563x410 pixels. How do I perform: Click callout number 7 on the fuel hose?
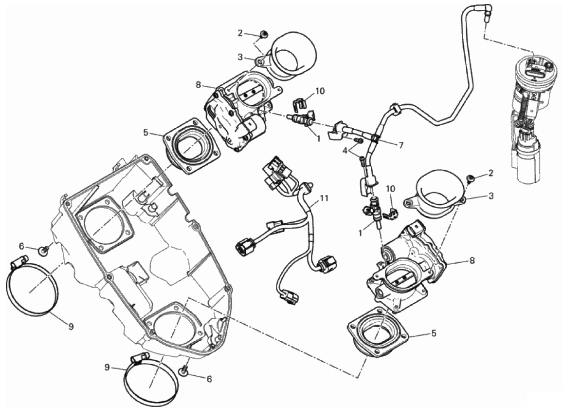coord(400,145)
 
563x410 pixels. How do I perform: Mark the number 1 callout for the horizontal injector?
coord(319,138)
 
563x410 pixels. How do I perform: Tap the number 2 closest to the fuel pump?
coord(491,173)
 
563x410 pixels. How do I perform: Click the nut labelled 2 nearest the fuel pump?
coord(471,179)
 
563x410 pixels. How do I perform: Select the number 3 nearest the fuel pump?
coord(491,195)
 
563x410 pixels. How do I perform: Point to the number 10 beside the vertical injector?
coord(390,188)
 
